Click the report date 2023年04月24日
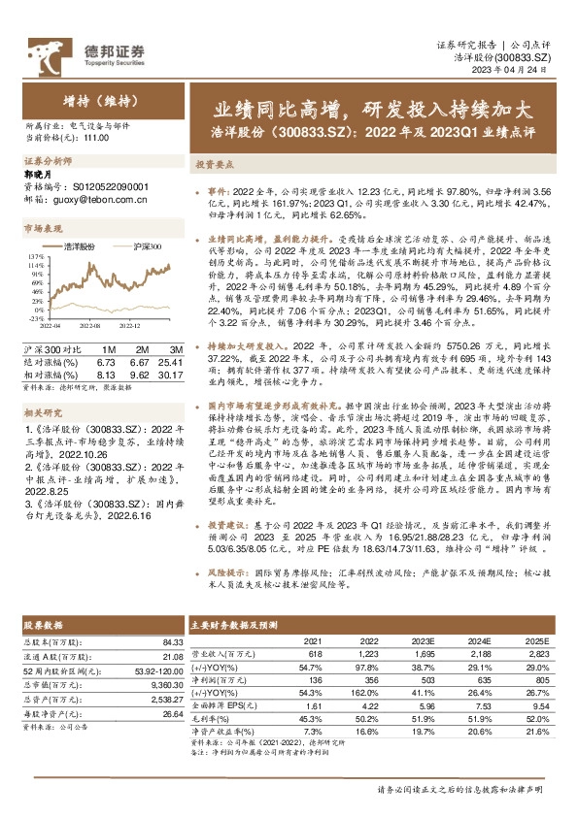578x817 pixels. pos(526,72)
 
